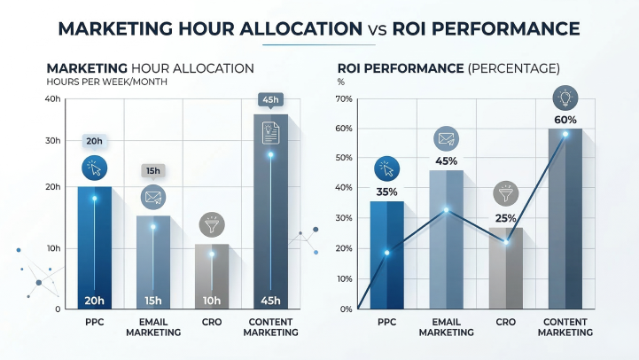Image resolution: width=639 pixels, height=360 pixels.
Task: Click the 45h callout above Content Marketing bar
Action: (270, 100)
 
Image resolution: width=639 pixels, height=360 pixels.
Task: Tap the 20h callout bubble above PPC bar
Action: (95, 141)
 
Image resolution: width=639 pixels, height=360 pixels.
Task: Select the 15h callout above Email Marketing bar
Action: (153, 171)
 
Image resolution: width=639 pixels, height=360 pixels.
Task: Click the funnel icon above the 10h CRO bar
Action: (212, 223)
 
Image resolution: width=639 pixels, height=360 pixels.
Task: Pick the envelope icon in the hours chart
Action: (153, 197)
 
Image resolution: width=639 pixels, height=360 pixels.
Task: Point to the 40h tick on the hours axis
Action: (51, 98)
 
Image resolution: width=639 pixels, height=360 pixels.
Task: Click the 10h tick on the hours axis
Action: (51, 249)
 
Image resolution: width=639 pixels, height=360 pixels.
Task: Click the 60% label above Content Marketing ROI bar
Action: (565, 120)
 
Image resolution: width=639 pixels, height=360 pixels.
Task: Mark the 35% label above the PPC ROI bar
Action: (387, 191)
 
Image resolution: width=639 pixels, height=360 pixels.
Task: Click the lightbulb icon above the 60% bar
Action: (565, 97)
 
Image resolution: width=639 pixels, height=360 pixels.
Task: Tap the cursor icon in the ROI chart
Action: (387, 168)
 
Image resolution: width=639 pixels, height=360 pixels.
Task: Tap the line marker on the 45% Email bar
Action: (447, 210)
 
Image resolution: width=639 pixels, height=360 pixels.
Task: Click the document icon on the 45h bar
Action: (270, 132)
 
